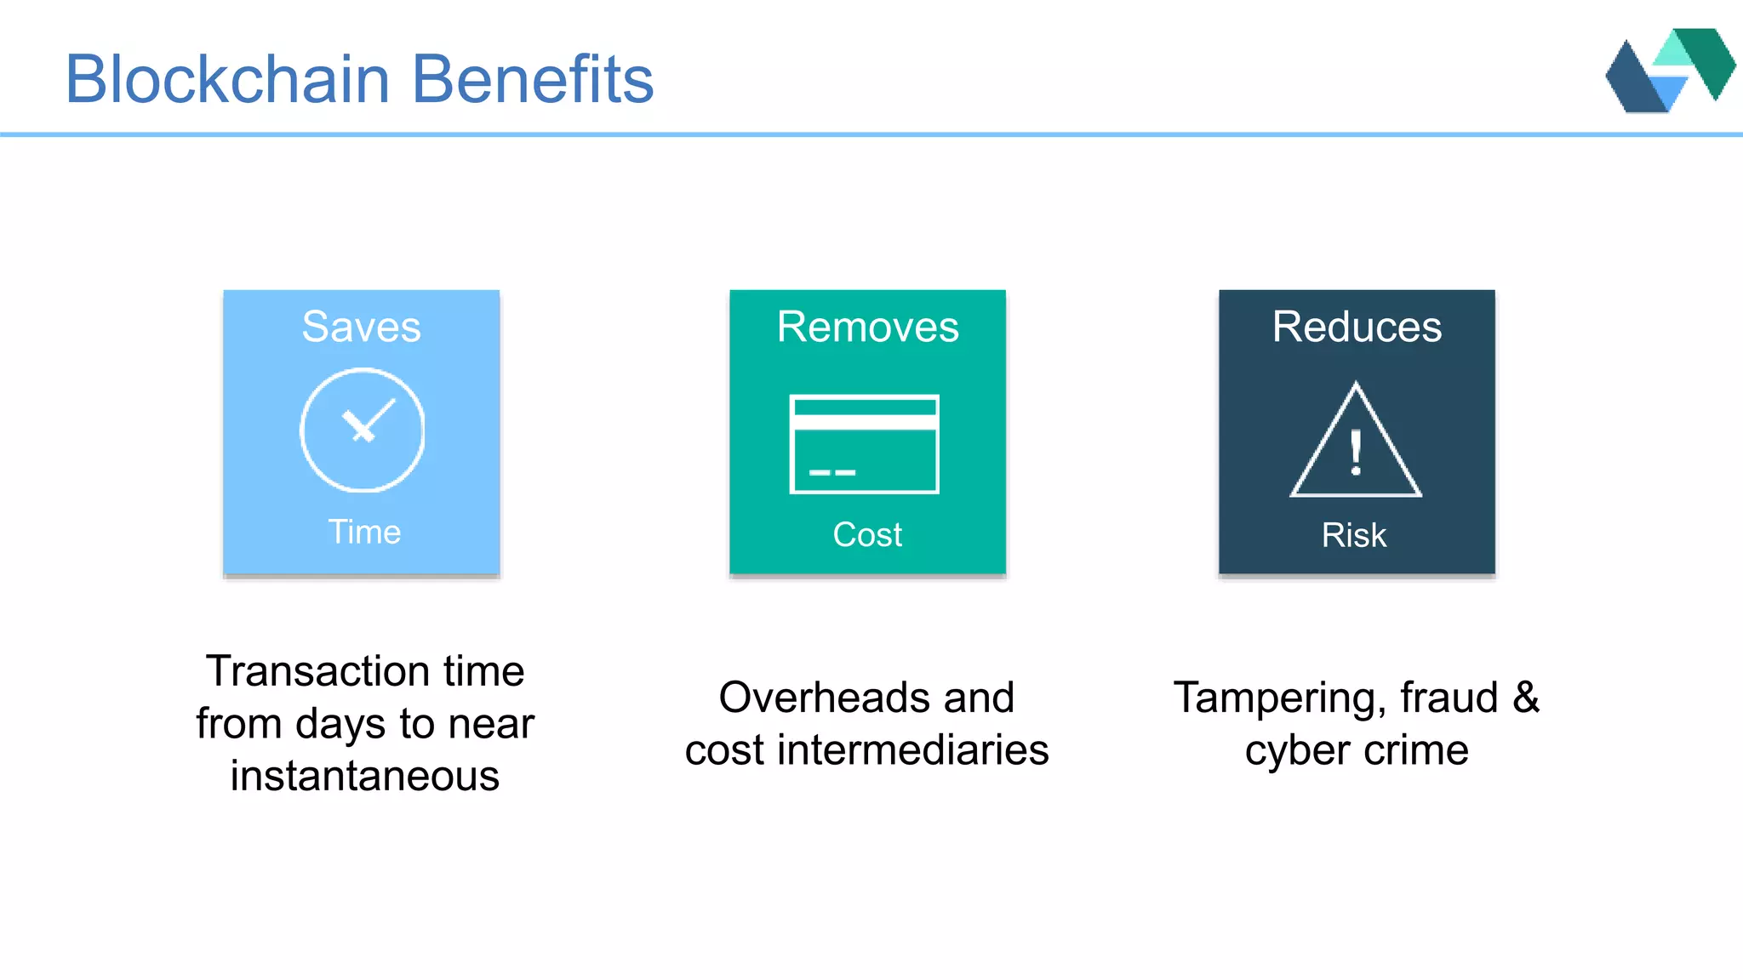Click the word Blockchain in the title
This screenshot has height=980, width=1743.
(x=227, y=79)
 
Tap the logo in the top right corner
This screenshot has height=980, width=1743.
(x=1670, y=71)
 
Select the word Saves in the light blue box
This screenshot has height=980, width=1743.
(x=361, y=327)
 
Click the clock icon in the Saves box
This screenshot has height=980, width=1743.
(x=363, y=430)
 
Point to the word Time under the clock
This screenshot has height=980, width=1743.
(x=364, y=533)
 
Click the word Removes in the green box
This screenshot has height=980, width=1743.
(x=867, y=327)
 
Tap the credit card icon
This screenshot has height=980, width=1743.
(x=864, y=444)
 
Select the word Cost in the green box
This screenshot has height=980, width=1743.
(x=866, y=535)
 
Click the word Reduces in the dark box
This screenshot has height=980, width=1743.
(x=1357, y=327)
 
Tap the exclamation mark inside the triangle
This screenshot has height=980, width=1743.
(x=1356, y=452)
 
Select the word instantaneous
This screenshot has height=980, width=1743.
(x=364, y=776)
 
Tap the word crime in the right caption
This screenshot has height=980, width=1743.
(x=1416, y=750)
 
